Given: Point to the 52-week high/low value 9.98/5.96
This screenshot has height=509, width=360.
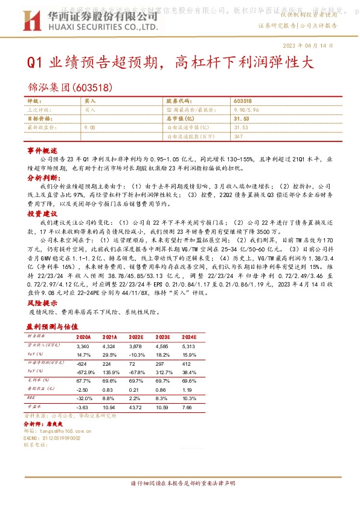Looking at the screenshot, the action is (246, 111).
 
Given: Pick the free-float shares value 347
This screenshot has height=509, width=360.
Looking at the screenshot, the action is (237, 137).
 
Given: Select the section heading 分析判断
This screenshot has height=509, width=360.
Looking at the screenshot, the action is (42, 179).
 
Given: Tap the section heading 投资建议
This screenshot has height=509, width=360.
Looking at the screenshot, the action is (42, 214).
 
